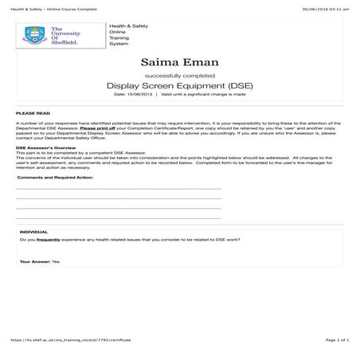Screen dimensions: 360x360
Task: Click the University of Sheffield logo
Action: (x=61, y=34)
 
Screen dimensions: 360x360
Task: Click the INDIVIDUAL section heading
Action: (x=33, y=230)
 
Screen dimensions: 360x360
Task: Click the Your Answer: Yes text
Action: (x=40, y=260)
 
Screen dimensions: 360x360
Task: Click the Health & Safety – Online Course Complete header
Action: (x=48, y=9)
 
